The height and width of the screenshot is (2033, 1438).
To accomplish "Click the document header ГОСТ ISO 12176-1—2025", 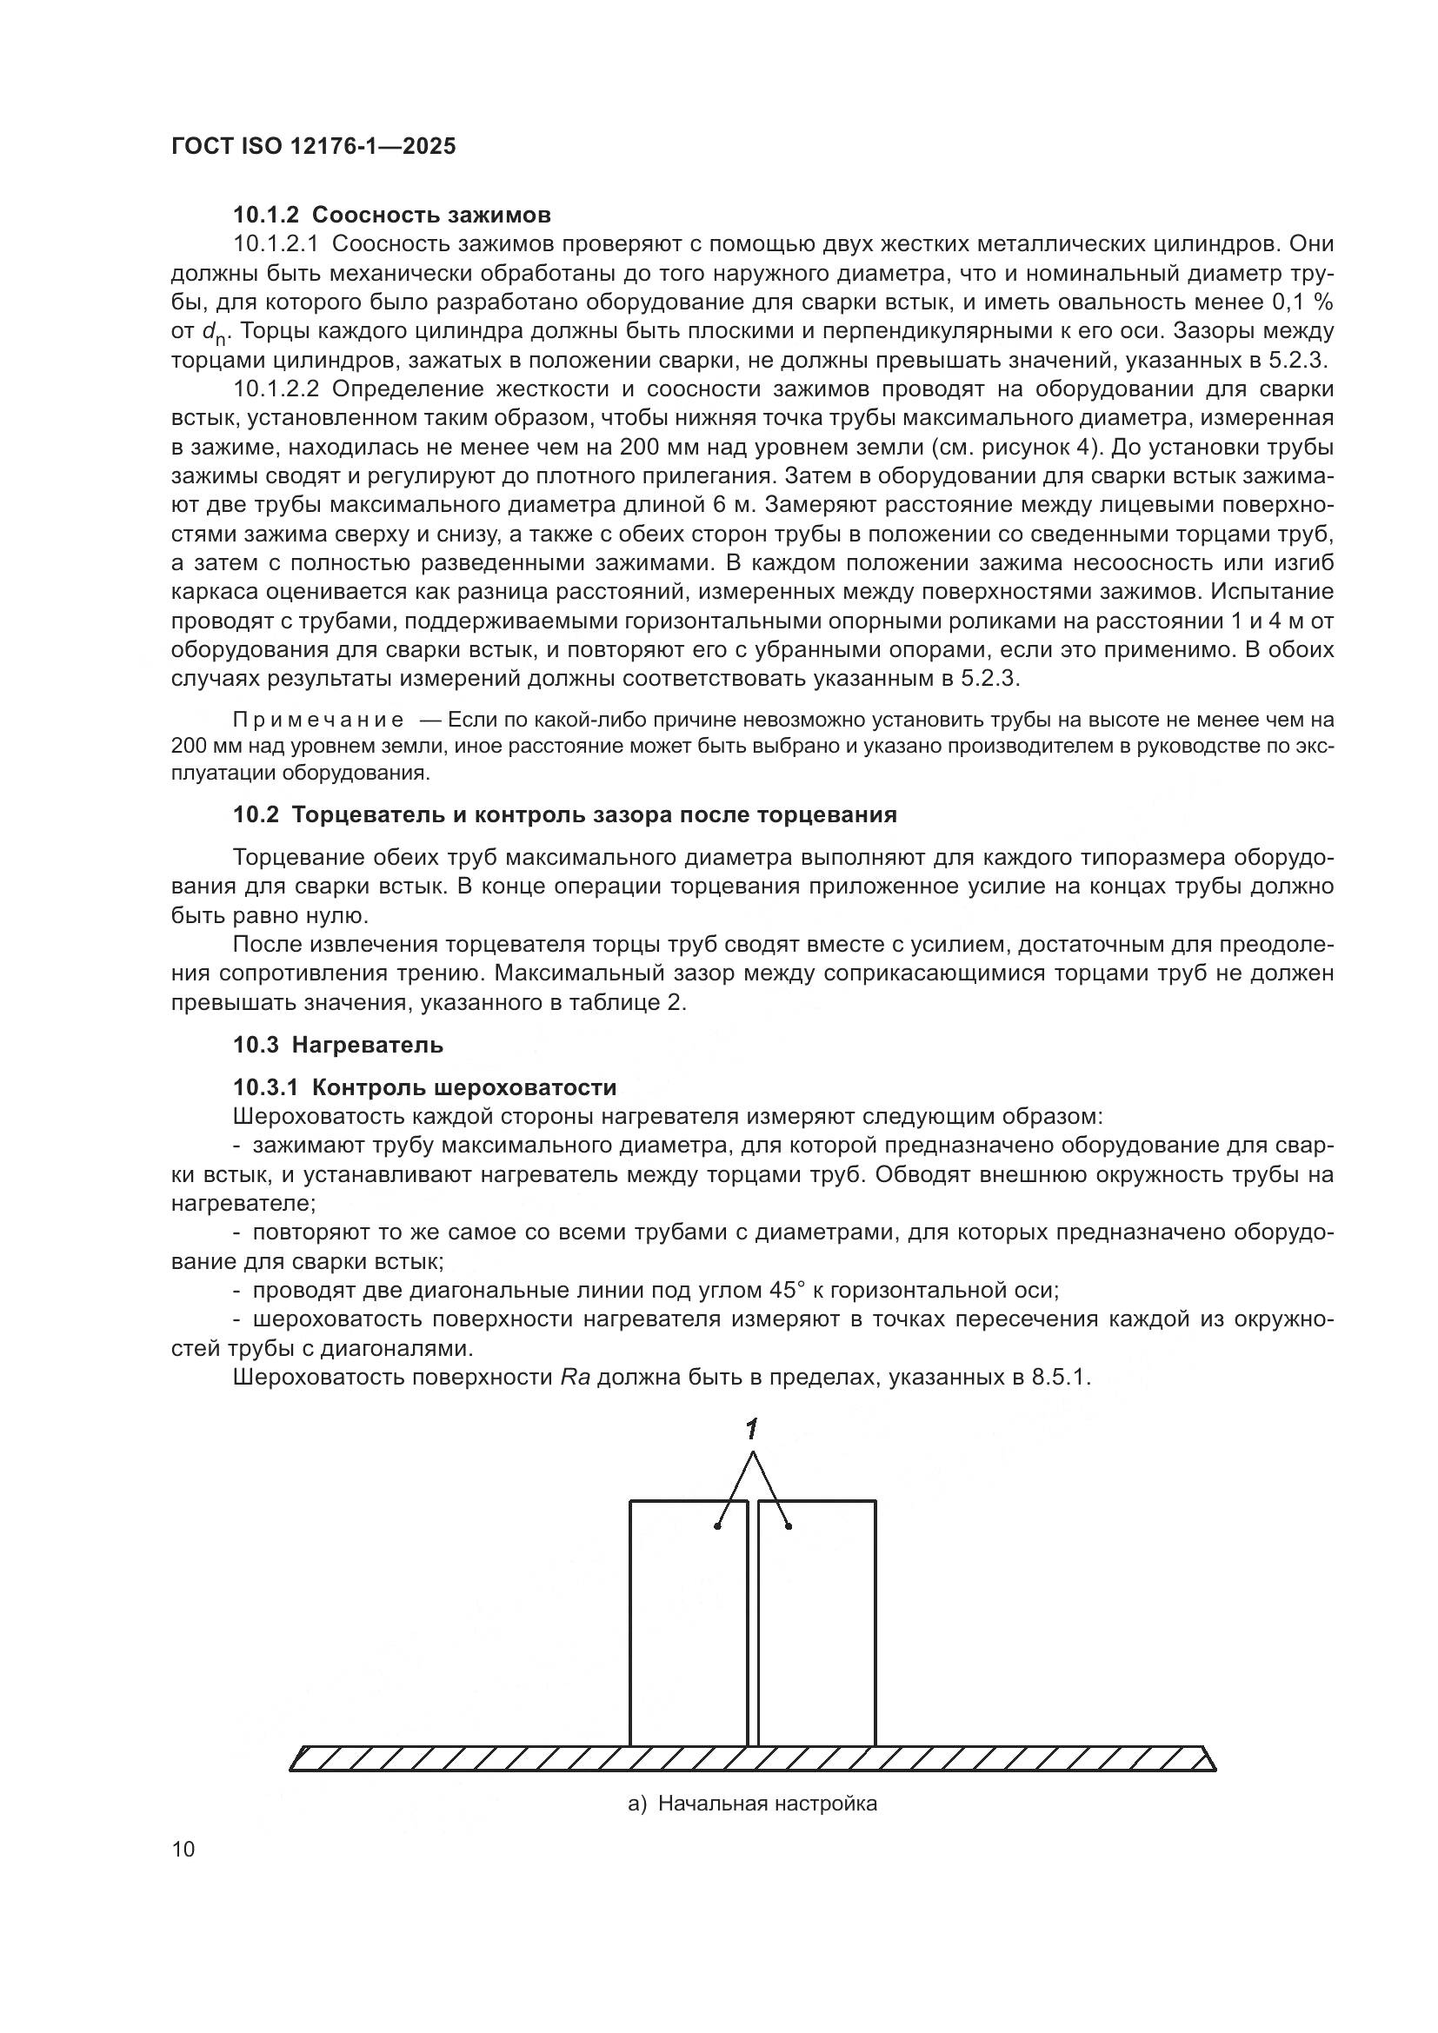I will [x=314, y=146].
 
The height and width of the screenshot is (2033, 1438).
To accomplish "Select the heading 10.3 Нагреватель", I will [x=337, y=1045].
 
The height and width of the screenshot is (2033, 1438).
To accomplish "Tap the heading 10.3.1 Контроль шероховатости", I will [x=424, y=1087].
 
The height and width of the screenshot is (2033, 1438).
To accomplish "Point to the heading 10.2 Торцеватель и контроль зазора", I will [x=564, y=814].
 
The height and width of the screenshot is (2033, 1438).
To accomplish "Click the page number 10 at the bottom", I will [x=183, y=1850].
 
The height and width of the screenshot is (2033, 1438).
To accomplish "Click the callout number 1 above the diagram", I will [x=752, y=1428].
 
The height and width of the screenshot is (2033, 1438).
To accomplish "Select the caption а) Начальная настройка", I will [x=752, y=1804].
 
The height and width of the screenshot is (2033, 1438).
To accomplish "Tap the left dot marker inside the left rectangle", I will [x=718, y=1525].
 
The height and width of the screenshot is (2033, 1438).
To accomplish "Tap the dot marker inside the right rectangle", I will [x=788, y=1525].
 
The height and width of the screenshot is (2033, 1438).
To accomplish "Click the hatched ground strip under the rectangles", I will [x=753, y=1758].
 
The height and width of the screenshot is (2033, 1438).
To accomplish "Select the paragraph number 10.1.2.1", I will [x=276, y=244].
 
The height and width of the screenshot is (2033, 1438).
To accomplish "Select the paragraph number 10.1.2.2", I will [x=276, y=389].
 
